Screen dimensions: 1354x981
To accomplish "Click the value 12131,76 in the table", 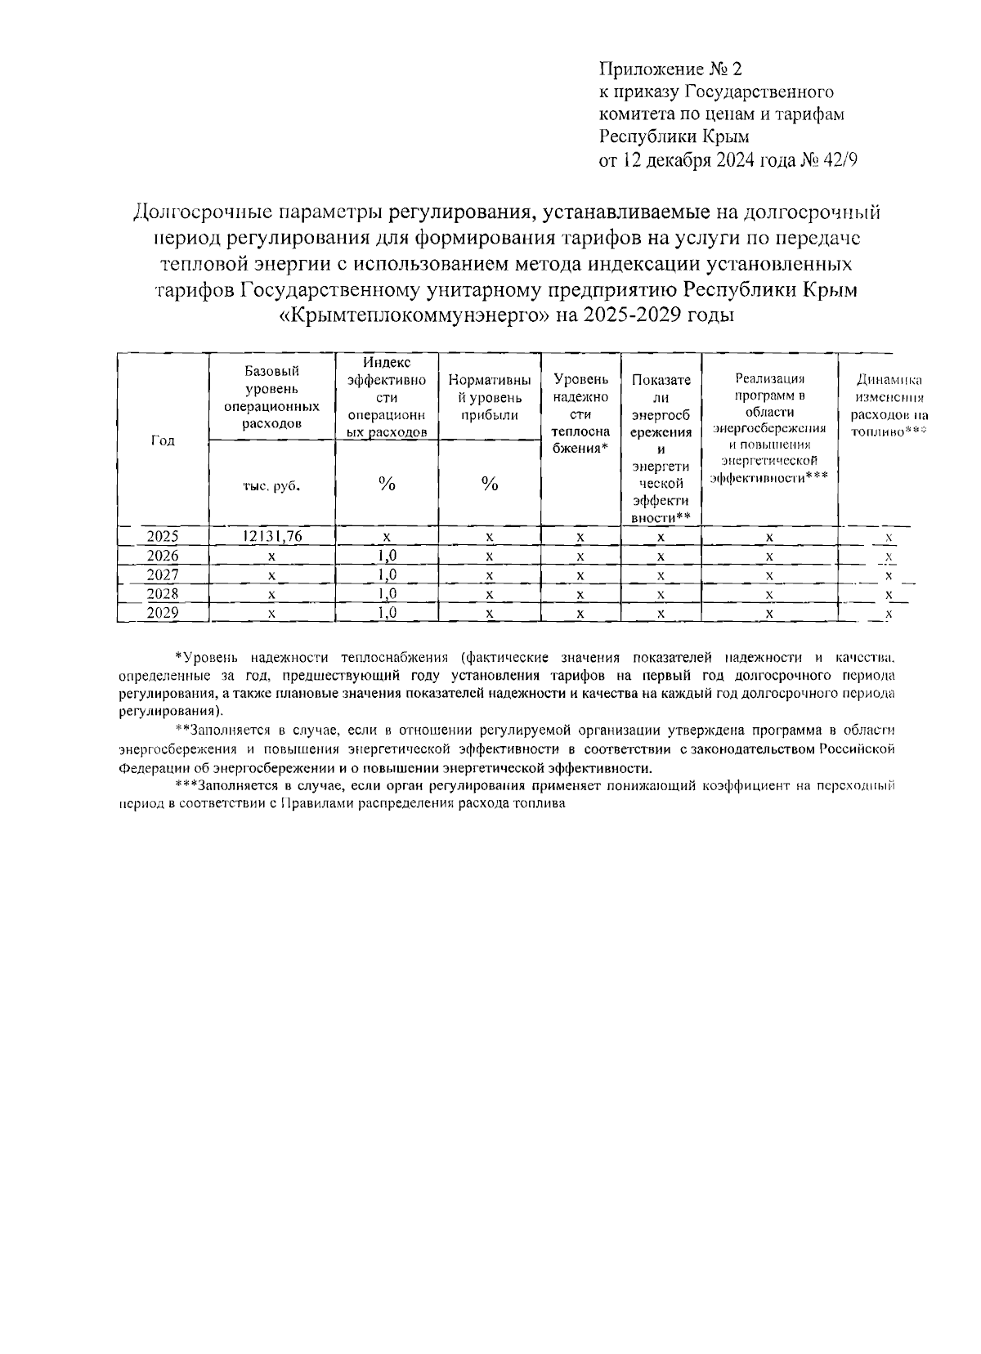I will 271,537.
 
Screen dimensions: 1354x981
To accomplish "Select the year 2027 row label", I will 163,575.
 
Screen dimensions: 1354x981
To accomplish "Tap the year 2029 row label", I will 163,613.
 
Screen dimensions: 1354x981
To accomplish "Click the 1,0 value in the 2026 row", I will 386,556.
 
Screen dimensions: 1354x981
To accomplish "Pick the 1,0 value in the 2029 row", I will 386,613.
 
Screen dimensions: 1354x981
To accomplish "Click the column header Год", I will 163,440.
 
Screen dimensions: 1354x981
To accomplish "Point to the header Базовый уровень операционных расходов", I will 271,397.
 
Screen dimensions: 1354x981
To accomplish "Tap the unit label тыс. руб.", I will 271,485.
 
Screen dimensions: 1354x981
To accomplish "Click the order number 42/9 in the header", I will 841,160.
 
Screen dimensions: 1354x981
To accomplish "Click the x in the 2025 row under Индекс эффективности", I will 386,537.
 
